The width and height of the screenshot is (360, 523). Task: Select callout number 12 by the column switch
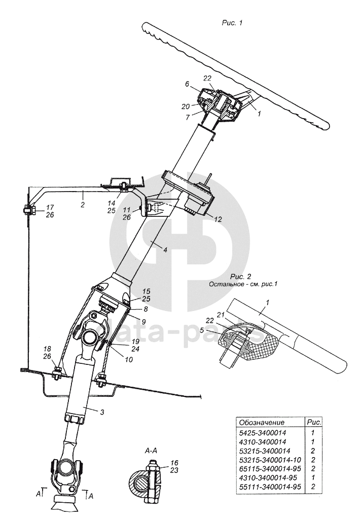pyautogui.click(x=219, y=220)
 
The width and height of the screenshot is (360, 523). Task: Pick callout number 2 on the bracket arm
pyautogui.click(x=82, y=205)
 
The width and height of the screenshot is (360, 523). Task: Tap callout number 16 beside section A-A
pyautogui.click(x=174, y=463)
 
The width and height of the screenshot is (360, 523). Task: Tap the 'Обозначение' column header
pyautogui.click(x=262, y=422)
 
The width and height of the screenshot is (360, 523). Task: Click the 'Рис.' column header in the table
pyautogui.click(x=315, y=422)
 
